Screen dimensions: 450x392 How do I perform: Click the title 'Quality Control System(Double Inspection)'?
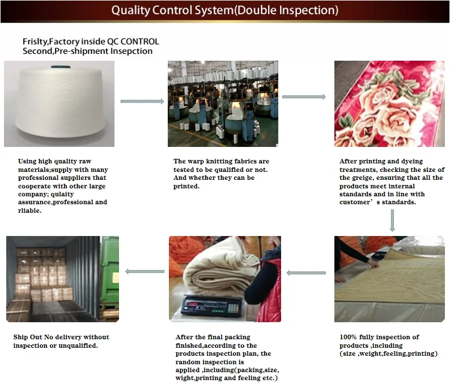(224, 10)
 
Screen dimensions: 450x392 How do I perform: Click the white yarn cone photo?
(59, 104)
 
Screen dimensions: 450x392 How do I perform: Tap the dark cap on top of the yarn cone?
(61, 67)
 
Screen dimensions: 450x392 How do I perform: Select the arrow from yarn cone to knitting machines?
(142, 101)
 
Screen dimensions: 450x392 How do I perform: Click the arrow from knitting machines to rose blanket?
(304, 97)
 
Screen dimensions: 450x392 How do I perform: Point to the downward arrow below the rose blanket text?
(392, 220)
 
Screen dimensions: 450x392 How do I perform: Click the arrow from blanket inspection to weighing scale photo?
(306, 273)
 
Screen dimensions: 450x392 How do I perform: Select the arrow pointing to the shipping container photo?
(145, 271)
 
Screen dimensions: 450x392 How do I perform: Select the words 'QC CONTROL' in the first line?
(133, 41)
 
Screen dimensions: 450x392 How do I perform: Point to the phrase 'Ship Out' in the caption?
(28, 337)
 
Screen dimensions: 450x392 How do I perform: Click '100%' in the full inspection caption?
(348, 337)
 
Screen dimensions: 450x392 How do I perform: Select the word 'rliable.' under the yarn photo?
(29, 210)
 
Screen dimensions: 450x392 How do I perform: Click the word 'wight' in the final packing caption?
(184, 378)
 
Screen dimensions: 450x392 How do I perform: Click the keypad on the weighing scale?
(234, 309)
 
